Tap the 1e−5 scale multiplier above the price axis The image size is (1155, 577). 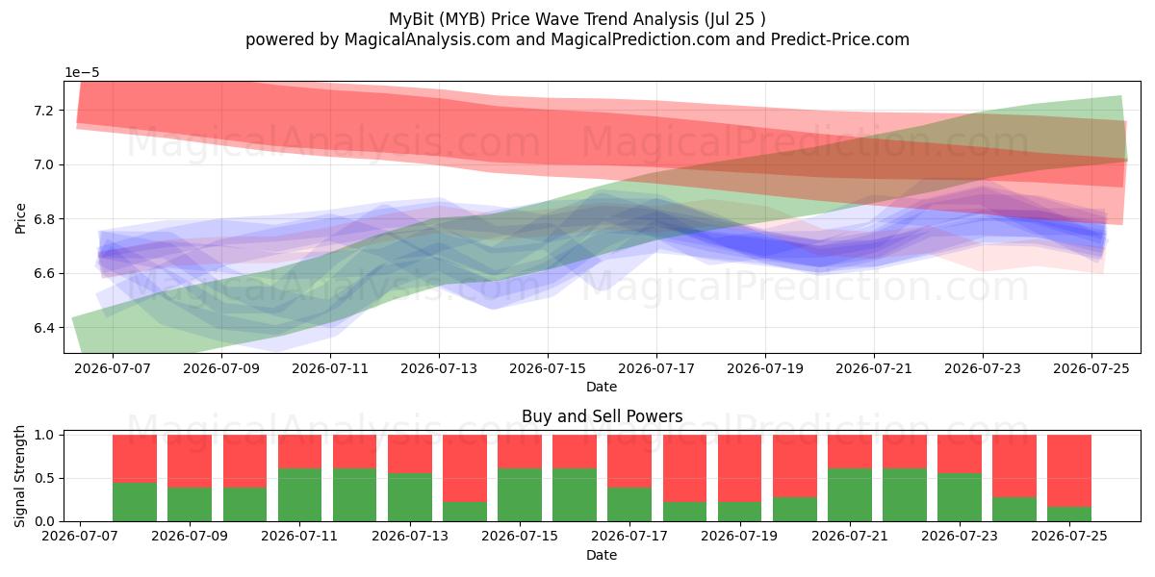pyautogui.click(x=82, y=73)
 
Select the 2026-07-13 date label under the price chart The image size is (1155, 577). pyautogui.click(x=439, y=369)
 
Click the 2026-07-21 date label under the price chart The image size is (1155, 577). pyautogui.click(x=874, y=369)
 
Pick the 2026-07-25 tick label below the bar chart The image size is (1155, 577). pyautogui.click(x=1069, y=537)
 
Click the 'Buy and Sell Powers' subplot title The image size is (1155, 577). pyautogui.click(x=602, y=416)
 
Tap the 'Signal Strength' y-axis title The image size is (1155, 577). pyautogui.click(x=19, y=477)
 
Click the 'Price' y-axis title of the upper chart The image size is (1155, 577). pyautogui.click(x=20, y=218)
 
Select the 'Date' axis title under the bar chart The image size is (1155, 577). pyautogui.click(x=602, y=555)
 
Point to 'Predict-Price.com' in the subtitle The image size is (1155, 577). pyautogui.click(x=840, y=39)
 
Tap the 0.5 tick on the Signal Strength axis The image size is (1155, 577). pyautogui.click(x=45, y=479)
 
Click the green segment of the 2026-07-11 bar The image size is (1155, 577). pyautogui.click(x=299, y=494)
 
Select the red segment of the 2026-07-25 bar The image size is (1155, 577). pyautogui.click(x=1069, y=471)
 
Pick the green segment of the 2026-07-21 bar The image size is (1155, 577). pyautogui.click(x=850, y=494)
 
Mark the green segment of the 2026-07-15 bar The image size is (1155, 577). pyautogui.click(x=520, y=494)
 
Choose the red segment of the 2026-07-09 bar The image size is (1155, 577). pyautogui.click(x=190, y=461)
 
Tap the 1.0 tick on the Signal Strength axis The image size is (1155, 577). pyautogui.click(x=45, y=436)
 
